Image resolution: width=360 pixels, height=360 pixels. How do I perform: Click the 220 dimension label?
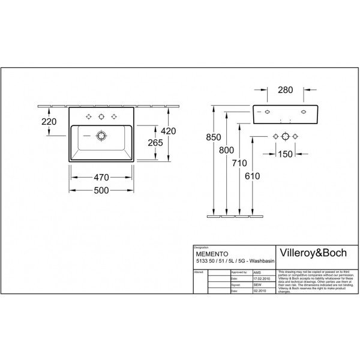click(x=49, y=122)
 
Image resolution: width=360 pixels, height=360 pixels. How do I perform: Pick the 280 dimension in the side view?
click(x=285, y=92)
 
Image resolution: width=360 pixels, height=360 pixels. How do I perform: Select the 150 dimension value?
click(x=286, y=154)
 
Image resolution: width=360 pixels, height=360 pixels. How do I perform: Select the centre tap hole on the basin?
click(x=101, y=116)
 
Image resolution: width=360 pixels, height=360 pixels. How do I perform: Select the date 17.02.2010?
click(x=247, y=278)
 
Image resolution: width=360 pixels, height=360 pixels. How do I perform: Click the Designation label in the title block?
click(x=202, y=247)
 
